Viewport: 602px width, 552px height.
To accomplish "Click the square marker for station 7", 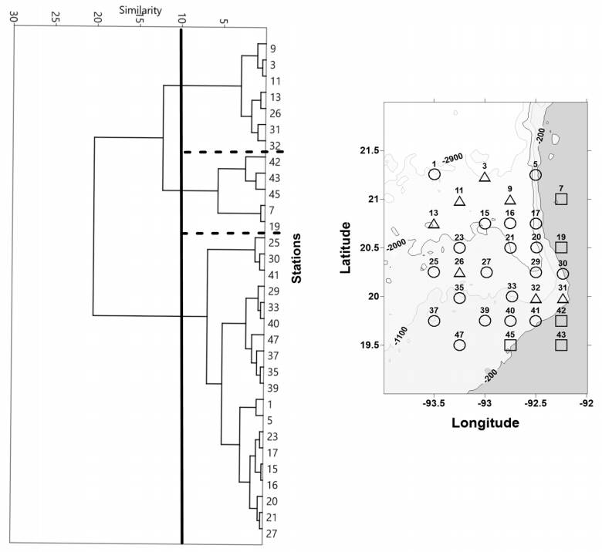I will coord(561,200).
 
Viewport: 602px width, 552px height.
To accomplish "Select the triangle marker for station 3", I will coord(485,177).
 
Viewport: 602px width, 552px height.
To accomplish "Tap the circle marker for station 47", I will coord(459,345).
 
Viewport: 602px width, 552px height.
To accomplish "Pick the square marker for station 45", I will coord(510,345).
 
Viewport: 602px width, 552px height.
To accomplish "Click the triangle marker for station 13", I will coord(433,224).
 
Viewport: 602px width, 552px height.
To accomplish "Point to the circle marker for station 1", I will coord(435,174).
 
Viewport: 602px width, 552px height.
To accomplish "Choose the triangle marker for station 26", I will coord(459,272).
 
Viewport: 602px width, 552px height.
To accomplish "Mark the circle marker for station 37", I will coord(434,321).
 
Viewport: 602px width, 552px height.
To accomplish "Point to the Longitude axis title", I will coord(485,422).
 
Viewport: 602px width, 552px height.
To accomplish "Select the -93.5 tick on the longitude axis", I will coord(434,402).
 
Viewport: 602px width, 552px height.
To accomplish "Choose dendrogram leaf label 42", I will coord(274,163).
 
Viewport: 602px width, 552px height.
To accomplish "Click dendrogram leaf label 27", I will coord(274,534).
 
